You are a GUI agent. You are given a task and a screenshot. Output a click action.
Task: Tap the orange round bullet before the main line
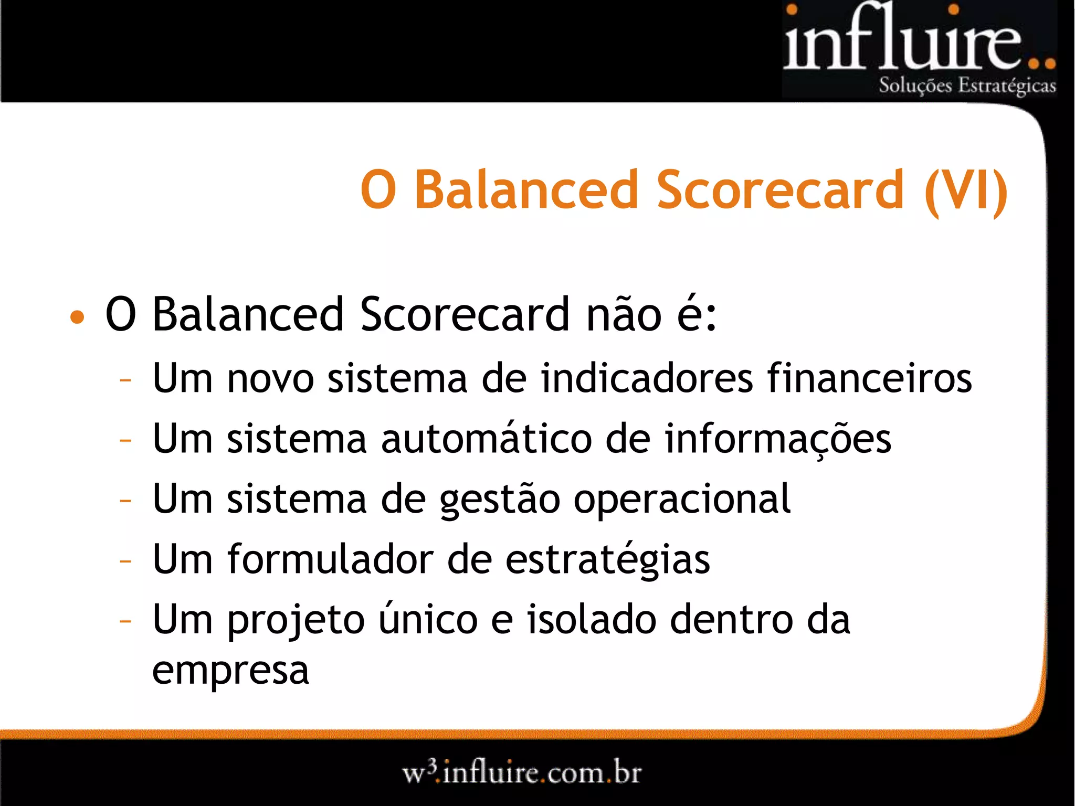click(x=77, y=316)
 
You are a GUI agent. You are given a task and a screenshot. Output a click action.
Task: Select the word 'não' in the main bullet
click(x=624, y=315)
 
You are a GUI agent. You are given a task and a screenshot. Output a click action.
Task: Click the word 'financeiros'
click(x=869, y=378)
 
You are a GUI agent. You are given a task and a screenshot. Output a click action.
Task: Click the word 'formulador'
click(x=331, y=559)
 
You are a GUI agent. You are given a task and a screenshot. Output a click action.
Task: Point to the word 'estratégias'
click(x=607, y=559)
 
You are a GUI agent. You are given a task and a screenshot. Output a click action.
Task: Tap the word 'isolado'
click(x=592, y=619)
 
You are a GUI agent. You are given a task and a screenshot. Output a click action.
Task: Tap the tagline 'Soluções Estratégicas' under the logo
click(x=967, y=86)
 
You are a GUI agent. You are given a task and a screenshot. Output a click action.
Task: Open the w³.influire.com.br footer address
click(x=522, y=773)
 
